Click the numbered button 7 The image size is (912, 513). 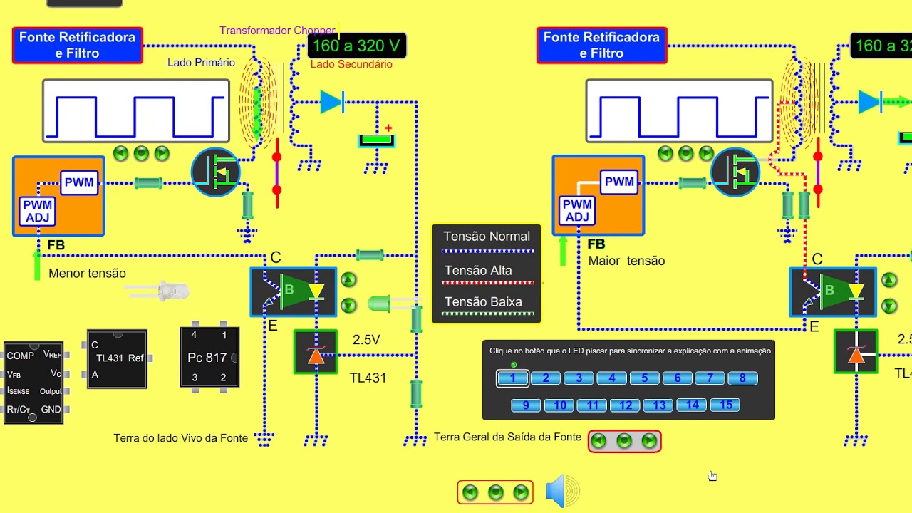710,378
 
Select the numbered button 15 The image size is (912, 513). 725,405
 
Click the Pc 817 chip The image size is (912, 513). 209,357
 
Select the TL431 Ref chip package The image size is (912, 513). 117,358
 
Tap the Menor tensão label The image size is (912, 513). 87,274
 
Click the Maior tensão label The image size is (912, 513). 626,261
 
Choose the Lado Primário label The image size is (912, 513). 201,63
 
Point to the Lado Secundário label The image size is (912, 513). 351,64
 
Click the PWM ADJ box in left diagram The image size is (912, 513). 38,212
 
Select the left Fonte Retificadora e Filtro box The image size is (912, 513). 77,45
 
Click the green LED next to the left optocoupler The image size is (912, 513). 379,304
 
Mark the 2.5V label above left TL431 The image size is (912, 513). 366,340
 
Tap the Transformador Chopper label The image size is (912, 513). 277,31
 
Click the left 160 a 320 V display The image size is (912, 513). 357,46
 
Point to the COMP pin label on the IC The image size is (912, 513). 20,356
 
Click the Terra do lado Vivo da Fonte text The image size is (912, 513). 181,438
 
